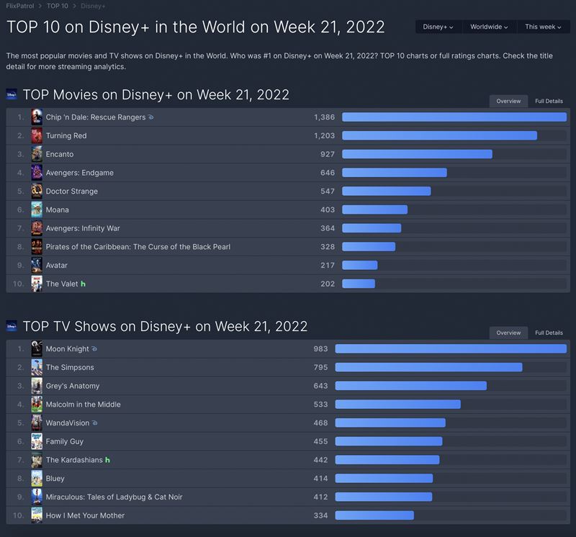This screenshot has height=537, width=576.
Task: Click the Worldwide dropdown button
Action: point(489,27)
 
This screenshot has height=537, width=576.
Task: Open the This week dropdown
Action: point(543,27)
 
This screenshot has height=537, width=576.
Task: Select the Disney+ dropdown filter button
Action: point(438,27)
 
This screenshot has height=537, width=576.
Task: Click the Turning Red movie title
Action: point(66,135)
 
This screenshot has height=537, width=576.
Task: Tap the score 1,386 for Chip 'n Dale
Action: point(325,117)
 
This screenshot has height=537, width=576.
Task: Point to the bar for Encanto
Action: point(417,154)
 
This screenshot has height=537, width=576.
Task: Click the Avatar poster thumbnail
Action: point(37,265)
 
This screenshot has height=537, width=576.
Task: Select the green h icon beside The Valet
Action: point(84,284)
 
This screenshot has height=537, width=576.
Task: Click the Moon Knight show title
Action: point(67,349)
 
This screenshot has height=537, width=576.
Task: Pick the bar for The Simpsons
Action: point(428,367)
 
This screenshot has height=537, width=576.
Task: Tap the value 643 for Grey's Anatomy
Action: point(320,386)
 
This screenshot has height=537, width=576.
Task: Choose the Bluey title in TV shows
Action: point(55,478)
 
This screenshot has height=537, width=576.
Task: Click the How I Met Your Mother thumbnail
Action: point(37,515)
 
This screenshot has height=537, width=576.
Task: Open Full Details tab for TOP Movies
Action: point(549,101)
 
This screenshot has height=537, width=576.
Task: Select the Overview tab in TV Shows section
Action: point(508,333)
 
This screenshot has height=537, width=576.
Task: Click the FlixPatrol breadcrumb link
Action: point(19,6)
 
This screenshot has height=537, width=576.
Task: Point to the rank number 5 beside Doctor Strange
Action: point(20,191)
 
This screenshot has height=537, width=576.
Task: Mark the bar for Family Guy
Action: point(389,441)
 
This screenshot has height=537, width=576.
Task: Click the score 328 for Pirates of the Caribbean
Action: point(328,247)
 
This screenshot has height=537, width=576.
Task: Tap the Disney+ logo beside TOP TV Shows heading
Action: point(12,326)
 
